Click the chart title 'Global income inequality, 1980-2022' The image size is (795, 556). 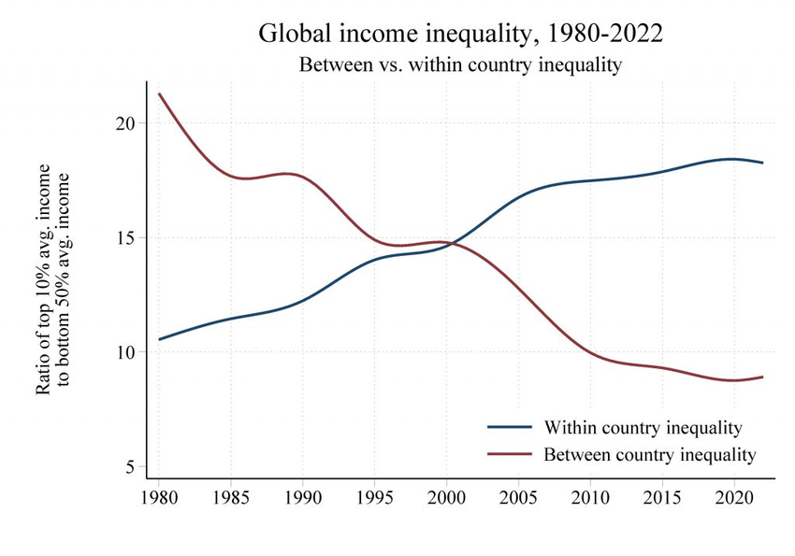point(461,34)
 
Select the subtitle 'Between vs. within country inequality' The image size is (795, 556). point(461,65)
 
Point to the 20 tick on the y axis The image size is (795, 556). point(126,123)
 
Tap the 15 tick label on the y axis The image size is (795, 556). point(126,237)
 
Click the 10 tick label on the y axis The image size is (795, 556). point(126,352)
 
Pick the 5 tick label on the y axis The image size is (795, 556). point(131,466)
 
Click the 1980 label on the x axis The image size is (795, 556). point(159,494)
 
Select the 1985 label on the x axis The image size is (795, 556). point(231,494)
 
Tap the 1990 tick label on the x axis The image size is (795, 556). point(303,494)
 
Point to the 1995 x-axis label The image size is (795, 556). point(375,494)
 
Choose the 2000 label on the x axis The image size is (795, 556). point(447,494)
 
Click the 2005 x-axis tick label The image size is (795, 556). point(519,494)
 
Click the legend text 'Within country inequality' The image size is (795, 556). point(643,428)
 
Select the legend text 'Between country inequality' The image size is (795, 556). point(649,454)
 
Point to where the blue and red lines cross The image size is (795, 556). point(452,244)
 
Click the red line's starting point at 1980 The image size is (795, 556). point(160,93)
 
